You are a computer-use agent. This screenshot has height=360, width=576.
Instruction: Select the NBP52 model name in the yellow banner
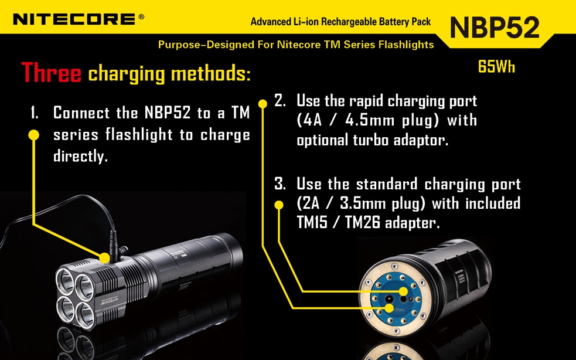pos(495,28)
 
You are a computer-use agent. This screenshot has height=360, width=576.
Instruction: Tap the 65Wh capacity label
pos(496,67)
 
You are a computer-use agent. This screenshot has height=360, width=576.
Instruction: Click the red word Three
pos(51,73)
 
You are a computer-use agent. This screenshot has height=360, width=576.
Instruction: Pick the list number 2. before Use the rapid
pos(280,101)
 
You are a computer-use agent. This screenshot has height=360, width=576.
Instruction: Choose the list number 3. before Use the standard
pos(280,184)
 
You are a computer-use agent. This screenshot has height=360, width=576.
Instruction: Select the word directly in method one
pos(80,157)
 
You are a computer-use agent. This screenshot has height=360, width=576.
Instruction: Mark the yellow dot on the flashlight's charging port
pos(105,258)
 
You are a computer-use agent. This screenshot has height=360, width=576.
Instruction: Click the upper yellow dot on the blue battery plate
pos(404,291)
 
